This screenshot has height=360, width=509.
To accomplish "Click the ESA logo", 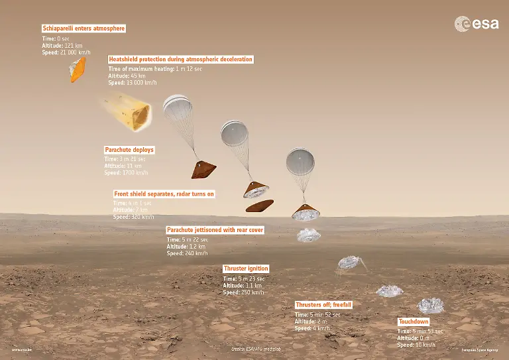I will point(471,25).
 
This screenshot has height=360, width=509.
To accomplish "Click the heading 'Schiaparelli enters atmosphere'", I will point(84,29).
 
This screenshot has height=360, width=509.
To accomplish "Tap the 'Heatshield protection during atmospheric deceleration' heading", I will point(180,59).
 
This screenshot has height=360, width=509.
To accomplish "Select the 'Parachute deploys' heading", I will point(129,150).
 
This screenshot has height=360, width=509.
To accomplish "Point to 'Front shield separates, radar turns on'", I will point(164,194).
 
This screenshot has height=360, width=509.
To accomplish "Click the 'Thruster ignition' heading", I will point(246,269).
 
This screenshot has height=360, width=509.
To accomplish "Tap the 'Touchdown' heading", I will point(414,322).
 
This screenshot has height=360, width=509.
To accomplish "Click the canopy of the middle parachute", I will point(237,134).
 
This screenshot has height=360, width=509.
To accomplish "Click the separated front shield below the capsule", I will point(260,206).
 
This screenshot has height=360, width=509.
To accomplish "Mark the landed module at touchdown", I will point(429,305).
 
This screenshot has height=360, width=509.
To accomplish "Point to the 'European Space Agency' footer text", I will point(479,349).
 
